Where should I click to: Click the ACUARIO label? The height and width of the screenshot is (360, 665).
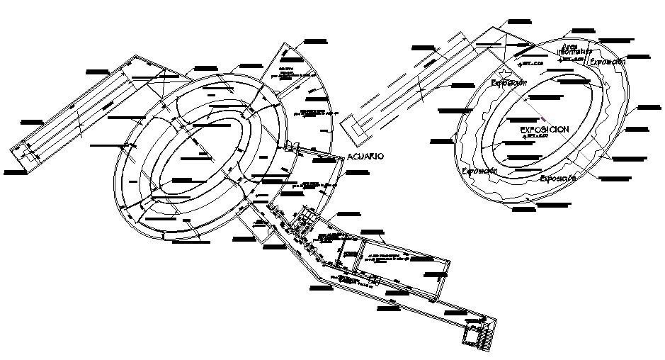point(365,157)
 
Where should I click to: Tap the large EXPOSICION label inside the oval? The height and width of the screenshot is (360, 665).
point(544,130)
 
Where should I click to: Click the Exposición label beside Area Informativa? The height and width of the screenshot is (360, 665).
point(608,62)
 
